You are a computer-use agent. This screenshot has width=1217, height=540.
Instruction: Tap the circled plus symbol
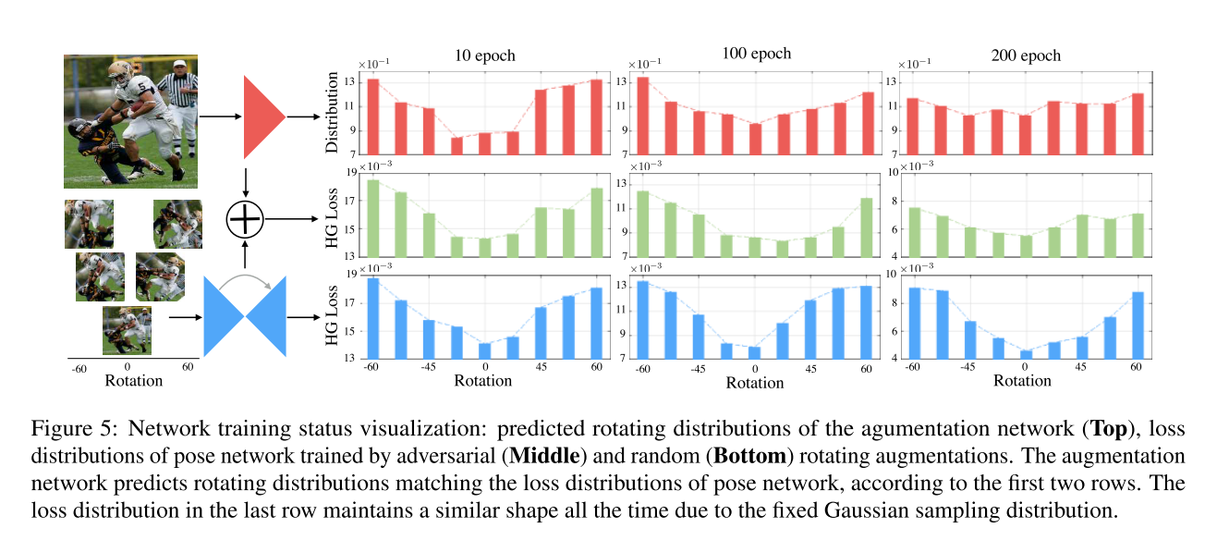tap(245, 220)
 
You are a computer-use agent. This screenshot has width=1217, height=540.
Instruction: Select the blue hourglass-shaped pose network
tap(245, 315)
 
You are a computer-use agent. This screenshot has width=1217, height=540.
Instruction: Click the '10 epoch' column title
tap(485, 55)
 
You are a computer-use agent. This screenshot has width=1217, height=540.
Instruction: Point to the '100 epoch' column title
tap(757, 53)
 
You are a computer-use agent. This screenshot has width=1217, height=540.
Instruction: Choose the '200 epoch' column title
tap(1027, 55)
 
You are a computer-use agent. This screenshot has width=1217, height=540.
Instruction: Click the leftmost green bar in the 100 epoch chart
tap(643, 223)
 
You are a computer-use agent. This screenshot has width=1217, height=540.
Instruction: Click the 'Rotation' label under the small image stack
tap(133, 380)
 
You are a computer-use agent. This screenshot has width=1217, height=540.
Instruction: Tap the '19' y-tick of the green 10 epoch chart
tap(350, 172)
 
